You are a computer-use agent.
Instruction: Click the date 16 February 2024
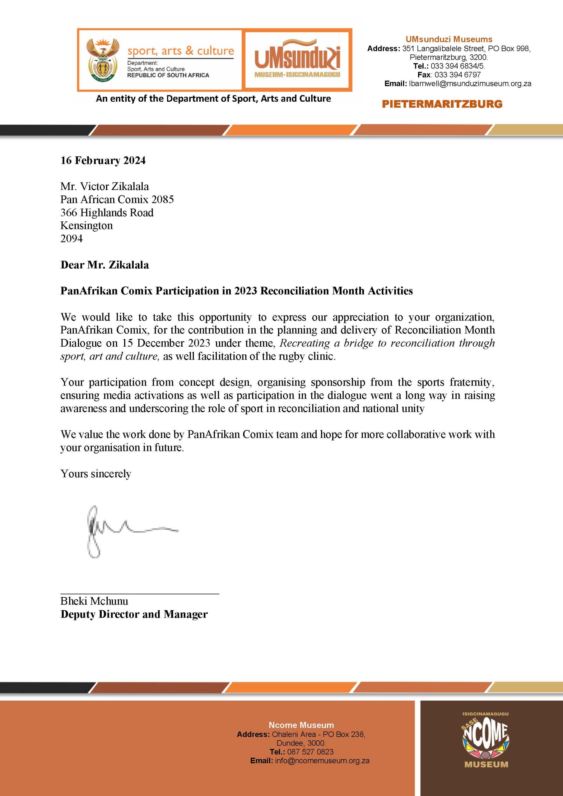click(103, 160)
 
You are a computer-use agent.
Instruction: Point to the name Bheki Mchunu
click(94, 601)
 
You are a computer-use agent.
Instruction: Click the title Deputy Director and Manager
click(134, 614)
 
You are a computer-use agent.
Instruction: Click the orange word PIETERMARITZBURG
click(442, 104)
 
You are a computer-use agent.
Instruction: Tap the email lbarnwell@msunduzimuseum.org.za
click(470, 84)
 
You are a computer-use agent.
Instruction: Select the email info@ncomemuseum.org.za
click(322, 761)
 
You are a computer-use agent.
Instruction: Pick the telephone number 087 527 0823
click(310, 752)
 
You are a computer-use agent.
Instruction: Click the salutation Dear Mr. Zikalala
click(105, 265)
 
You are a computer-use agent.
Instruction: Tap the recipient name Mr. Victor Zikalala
click(105, 187)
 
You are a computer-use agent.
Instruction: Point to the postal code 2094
click(72, 238)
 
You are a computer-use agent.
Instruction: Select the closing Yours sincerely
click(96, 474)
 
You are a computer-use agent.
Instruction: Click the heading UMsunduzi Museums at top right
click(449, 39)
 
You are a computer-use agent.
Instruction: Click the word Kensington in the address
click(86, 226)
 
